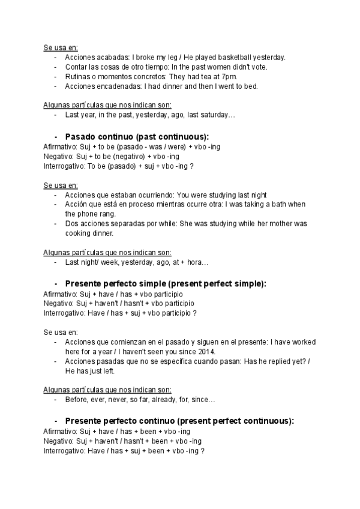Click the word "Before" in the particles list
pyautogui.click(x=77, y=400)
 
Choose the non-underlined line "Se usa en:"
pyautogui.click(x=61, y=331)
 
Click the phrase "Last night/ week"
pyautogui.click(x=91, y=262)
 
